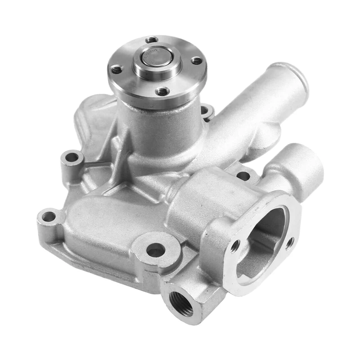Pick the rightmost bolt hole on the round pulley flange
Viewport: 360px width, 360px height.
197,60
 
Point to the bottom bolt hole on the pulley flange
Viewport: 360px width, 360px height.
163,92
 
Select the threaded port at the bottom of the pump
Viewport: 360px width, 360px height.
182,301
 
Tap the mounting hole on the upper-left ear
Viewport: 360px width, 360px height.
72,158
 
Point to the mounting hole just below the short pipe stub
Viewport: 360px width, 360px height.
243,176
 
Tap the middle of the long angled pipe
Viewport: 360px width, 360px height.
243,112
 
